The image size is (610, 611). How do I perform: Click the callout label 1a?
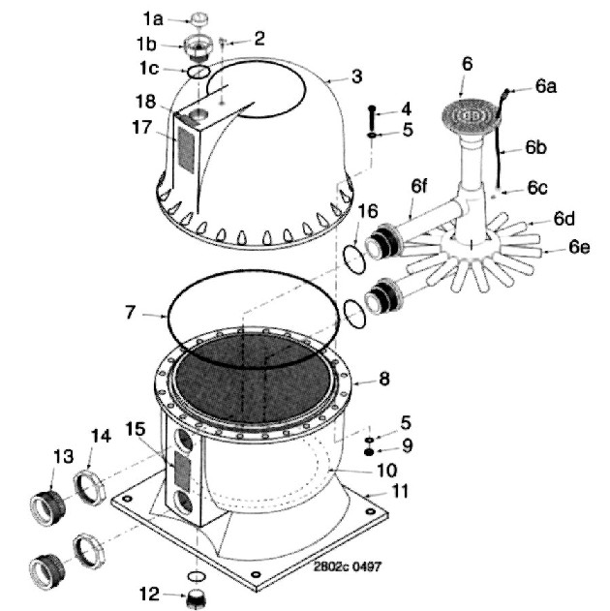click(152, 19)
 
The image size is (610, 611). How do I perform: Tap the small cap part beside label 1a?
click(198, 19)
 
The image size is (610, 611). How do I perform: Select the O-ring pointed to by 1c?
click(198, 72)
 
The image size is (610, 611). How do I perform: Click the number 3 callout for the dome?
click(357, 76)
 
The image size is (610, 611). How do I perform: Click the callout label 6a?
click(546, 86)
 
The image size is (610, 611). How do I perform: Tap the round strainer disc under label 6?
click(471, 116)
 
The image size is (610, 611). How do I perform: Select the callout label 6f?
click(419, 186)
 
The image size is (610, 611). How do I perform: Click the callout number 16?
click(367, 211)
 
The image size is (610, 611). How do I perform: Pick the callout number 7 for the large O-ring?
click(130, 312)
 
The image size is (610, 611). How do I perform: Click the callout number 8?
click(384, 379)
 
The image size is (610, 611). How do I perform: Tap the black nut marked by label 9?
click(369, 452)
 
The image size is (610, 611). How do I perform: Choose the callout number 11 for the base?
click(400, 491)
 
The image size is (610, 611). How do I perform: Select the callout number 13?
click(63, 456)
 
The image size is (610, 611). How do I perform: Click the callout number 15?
click(136, 429)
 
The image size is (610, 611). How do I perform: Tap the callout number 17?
click(141, 128)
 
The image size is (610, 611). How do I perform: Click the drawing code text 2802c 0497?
click(348, 566)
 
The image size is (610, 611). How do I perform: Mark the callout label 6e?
click(579, 247)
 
